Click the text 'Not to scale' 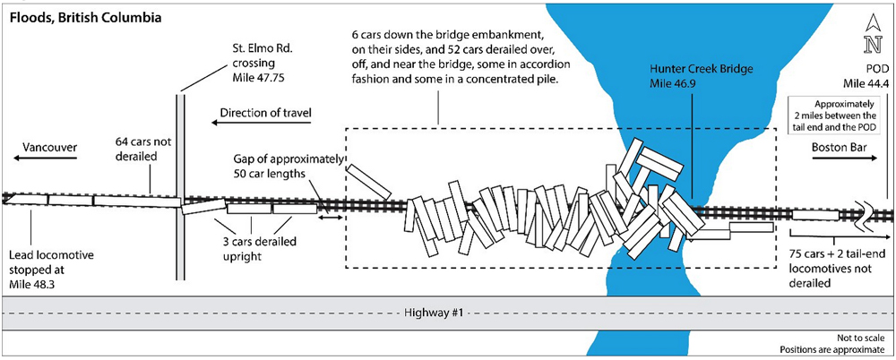862,338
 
